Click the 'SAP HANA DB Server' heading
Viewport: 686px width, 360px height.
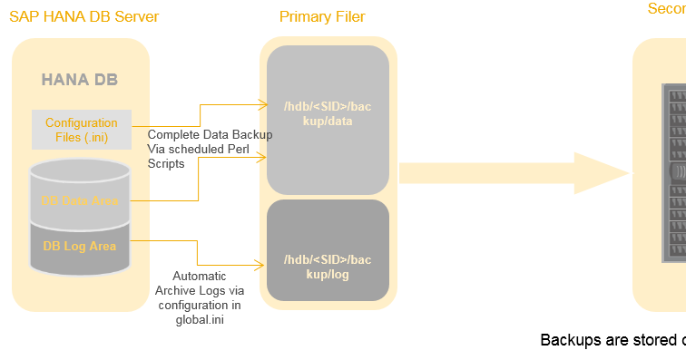83,17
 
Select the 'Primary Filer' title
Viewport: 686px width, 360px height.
322,17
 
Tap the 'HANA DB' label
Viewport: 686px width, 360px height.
79,80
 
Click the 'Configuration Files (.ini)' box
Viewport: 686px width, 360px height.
82,130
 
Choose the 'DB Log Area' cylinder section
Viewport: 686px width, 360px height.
80,245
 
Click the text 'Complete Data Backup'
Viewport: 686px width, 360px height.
210,135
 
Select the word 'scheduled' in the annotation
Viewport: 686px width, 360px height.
195,150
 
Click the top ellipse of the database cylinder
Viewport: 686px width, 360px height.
80,170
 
